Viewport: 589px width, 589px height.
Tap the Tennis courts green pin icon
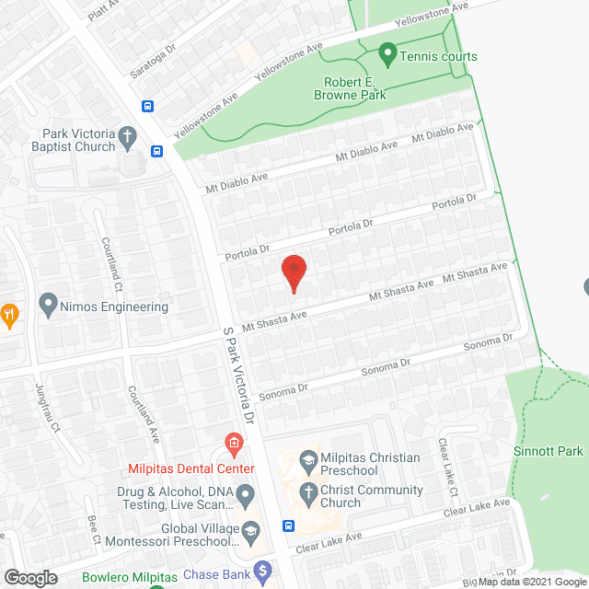pyautogui.click(x=387, y=56)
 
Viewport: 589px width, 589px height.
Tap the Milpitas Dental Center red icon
pyautogui.click(x=235, y=445)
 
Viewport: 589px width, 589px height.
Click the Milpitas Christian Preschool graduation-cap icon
pyautogui.click(x=307, y=458)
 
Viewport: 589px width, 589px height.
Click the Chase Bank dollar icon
pyautogui.click(x=263, y=571)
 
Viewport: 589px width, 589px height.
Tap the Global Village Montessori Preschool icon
pyautogui.click(x=249, y=530)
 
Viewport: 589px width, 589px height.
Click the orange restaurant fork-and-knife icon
pyautogui.click(x=9, y=313)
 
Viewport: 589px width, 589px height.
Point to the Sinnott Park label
pyautogui.click(x=550, y=452)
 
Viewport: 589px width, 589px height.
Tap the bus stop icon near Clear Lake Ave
pyautogui.click(x=289, y=526)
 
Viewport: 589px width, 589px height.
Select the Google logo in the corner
pyautogui.click(x=29, y=577)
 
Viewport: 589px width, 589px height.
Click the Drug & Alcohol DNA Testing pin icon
pyautogui.click(x=246, y=497)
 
